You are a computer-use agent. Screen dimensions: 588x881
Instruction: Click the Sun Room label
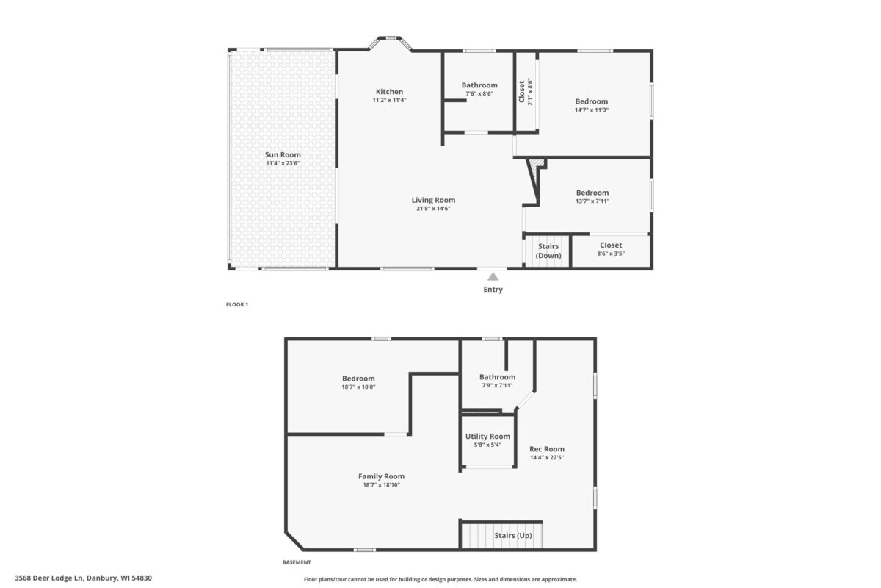(283, 155)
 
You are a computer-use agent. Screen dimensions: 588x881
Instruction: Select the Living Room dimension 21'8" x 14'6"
(433, 208)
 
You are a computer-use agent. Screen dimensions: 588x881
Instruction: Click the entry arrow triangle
(493, 277)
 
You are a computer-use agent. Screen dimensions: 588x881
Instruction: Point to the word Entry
(493, 290)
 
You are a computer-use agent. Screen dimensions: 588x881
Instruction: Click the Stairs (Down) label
(548, 251)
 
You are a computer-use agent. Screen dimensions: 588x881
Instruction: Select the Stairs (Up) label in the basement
(513, 536)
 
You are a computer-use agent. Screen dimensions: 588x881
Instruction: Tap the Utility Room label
(487, 437)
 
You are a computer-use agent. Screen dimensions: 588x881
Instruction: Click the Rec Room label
(547, 449)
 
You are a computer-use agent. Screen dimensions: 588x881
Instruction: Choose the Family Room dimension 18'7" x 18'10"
(381, 484)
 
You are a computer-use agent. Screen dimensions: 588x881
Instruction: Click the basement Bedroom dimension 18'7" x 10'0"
(358, 387)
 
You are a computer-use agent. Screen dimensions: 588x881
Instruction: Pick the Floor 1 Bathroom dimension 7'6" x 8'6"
(479, 93)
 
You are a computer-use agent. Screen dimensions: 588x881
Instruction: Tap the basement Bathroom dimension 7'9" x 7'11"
(497, 385)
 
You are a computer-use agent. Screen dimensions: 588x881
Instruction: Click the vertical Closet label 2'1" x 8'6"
(526, 92)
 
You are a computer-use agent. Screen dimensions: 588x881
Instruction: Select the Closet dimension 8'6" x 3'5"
(610, 254)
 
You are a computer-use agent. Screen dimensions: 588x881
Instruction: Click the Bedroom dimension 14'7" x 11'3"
(591, 110)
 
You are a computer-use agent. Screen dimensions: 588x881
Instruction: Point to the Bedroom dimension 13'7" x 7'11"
(592, 201)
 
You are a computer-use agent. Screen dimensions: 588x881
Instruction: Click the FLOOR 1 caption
(236, 305)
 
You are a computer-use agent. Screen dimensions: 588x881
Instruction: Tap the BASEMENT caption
(297, 563)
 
